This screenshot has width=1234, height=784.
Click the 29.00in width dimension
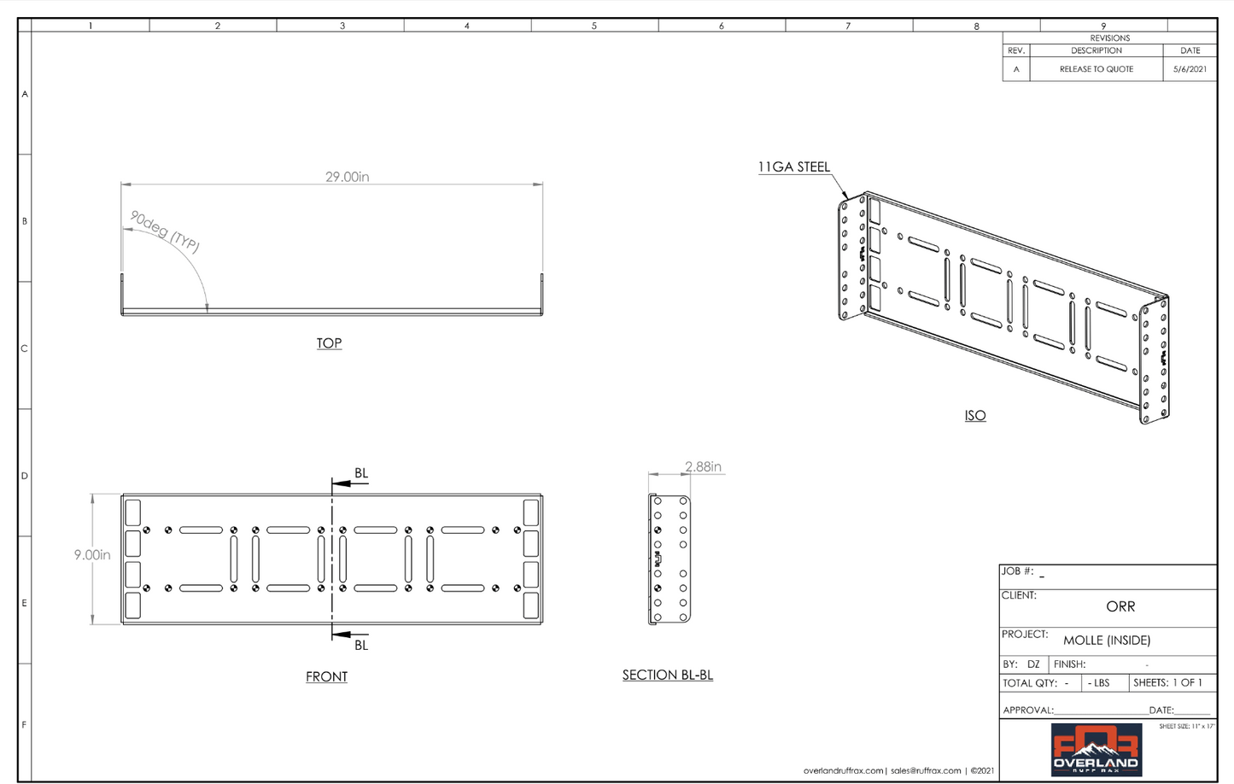347,177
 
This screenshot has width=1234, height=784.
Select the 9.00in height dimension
92,555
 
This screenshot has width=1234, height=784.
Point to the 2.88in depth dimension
703,467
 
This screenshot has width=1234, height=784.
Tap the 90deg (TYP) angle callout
165,231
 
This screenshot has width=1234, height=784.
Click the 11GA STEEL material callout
793,167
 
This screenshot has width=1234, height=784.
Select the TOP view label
329,343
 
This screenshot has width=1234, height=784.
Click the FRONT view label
326,676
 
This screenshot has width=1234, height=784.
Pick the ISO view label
974,416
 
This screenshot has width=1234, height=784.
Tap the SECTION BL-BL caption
667,675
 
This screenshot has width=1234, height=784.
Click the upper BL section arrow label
361,473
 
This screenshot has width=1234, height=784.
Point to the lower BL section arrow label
361,645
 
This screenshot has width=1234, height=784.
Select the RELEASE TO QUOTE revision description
1096,69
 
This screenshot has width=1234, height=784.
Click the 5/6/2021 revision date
1190,69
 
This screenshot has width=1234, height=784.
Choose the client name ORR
1120,606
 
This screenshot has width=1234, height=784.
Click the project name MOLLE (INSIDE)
1107,640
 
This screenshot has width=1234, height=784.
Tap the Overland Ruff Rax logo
1096,750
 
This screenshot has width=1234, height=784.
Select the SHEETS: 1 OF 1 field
1167,683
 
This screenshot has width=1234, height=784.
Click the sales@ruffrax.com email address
926,770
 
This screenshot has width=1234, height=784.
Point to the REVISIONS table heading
1109,38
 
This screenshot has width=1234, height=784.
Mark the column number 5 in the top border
594,26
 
